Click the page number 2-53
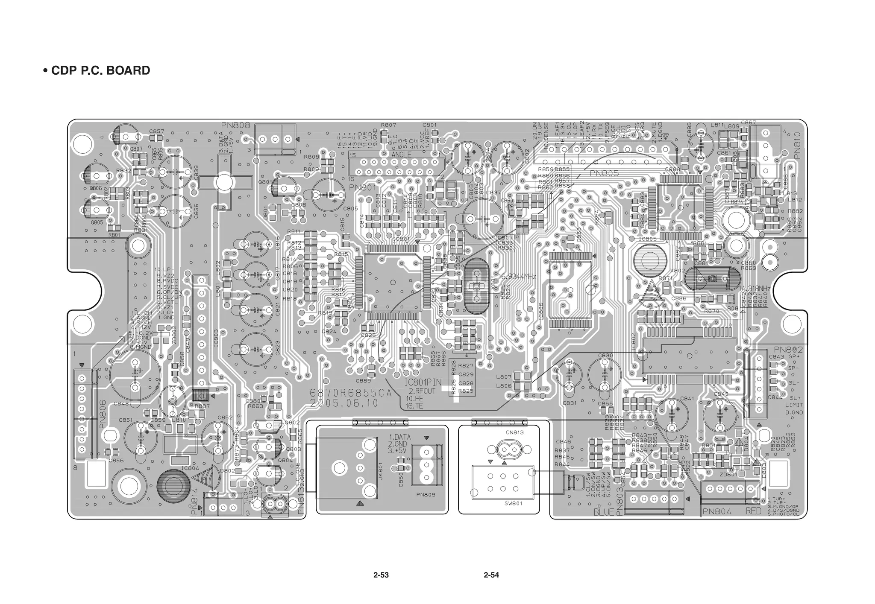(x=381, y=575)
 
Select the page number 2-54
(x=491, y=575)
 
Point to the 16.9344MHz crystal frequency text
(x=517, y=277)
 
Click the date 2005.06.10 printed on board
(x=344, y=403)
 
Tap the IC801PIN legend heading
(x=423, y=383)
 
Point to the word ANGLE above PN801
(x=401, y=155)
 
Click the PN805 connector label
(x=604, y=174)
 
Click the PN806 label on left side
(x=103, y=414)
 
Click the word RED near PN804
(x=754, y=511)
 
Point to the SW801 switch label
(x=514, y=503)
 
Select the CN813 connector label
(x=514, y=432)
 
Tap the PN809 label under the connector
(x=426, y=495)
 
